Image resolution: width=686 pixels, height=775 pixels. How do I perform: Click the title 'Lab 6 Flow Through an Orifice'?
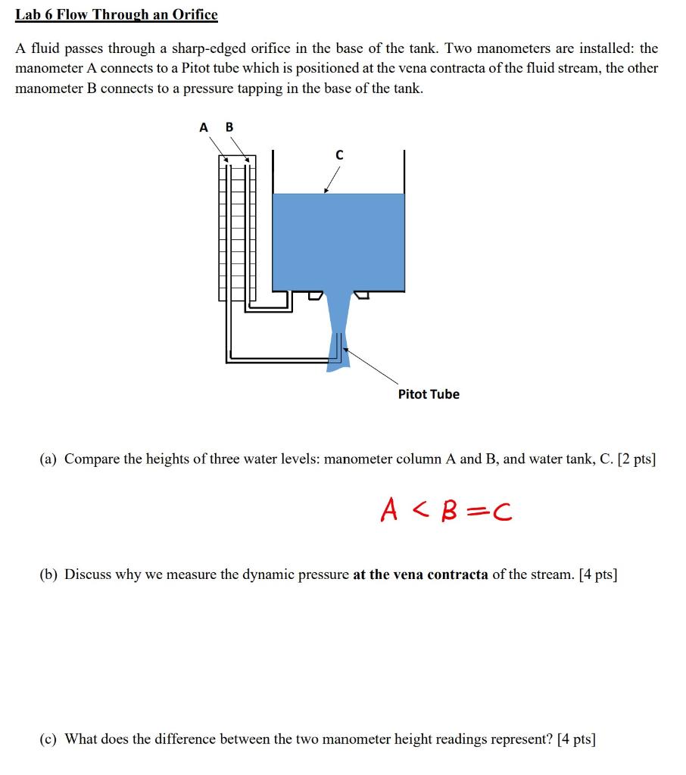pos(117,14)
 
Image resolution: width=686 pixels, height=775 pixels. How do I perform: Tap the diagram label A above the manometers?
pos(203,127)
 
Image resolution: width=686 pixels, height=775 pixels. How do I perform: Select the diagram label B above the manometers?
pos(229,127)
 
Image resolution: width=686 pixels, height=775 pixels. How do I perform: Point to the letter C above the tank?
pos(338,155)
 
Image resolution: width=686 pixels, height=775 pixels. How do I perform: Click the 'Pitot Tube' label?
pos(429,394)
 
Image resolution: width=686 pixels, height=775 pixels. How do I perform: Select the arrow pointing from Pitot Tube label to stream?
pos(371,367)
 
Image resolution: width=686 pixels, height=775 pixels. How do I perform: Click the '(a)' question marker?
pos(49,459)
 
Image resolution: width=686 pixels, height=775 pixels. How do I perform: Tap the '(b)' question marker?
pos(49,574)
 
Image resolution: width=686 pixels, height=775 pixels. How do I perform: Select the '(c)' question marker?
pos(49,739)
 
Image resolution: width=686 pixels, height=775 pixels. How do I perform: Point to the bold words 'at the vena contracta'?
pos(420,574)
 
